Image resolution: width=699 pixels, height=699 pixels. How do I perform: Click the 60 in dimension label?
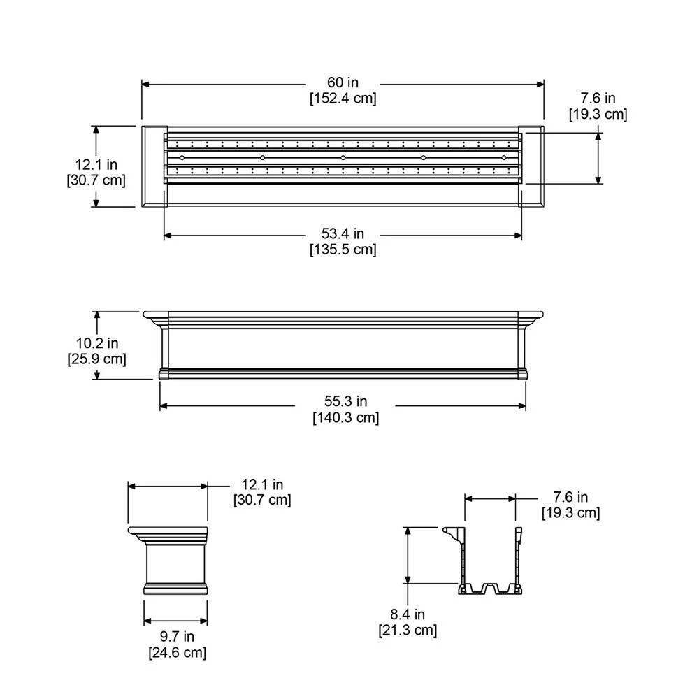(x=343, y=84)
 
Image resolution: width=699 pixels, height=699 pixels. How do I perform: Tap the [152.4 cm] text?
(x=343, y=99)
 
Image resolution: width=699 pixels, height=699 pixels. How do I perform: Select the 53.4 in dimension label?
(x=343, y=234)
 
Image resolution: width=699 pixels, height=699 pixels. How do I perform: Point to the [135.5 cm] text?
(x=343, y=249)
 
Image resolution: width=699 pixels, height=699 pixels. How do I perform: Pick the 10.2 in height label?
(x=98, y=344)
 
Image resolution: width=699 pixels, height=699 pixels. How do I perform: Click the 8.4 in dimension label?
(x=408, y=615)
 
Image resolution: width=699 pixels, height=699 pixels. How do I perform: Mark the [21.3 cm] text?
(x=408, y=630)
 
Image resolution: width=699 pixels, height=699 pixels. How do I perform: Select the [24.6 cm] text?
(x=177, y=653)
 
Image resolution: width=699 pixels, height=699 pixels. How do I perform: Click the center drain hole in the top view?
(x=343, y=158)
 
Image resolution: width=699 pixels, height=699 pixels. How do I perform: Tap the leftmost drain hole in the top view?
(x=182, y=158)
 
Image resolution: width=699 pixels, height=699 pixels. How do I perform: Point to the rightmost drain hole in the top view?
(x=503, y=158)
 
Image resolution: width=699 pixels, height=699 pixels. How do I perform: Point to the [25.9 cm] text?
(x=98, y=359)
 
